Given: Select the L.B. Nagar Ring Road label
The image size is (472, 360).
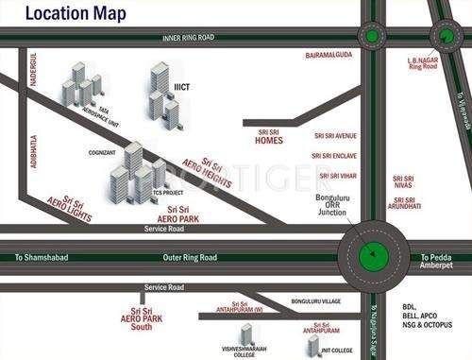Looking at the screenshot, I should pos(422,63).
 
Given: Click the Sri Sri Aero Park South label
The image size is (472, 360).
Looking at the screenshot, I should pos(142,319).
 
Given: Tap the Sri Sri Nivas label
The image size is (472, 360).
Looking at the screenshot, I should pos(403,181).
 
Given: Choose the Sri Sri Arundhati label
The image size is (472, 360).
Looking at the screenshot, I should pos(404,205).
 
